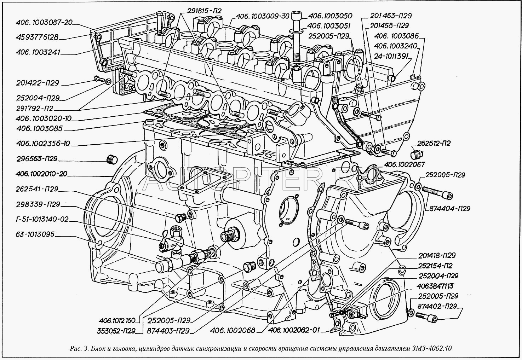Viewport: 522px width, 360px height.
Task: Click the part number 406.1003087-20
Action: (x=44, y=23)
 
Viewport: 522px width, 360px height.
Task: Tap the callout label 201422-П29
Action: (x=37, y=83)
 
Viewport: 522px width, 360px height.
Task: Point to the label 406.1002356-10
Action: (x=43, y=144)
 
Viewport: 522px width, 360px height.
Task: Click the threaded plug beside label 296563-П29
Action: (x=111, y=160)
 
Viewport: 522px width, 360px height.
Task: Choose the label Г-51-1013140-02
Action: (x=42, y=219)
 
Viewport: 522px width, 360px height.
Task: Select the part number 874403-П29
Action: (x=168, y=331)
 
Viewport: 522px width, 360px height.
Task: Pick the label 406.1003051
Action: (x=328, y=26)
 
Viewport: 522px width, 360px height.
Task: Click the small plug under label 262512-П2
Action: (x=417, y=155)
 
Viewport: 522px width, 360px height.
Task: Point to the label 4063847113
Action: (x=436, y=286)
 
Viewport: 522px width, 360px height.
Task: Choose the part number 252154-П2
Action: (x=435, y=266)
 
